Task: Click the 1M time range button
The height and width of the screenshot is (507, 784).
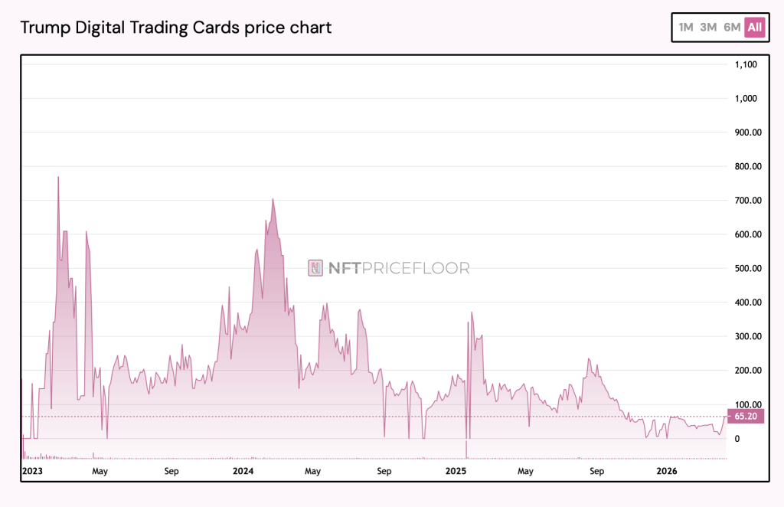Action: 685,28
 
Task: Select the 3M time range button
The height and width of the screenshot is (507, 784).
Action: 708,28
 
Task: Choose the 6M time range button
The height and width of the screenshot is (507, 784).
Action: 732,28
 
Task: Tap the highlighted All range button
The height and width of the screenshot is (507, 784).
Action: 755,28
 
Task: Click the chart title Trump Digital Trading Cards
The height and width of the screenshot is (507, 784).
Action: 175,28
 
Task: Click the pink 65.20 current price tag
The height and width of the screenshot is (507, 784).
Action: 746,416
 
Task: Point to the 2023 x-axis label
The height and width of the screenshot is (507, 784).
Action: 33,471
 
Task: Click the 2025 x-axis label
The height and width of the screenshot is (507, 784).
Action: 456,471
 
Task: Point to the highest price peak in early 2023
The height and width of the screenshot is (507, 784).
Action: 58,178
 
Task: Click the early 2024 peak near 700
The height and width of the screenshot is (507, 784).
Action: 273,199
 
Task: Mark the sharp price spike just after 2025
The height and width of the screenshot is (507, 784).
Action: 472,312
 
